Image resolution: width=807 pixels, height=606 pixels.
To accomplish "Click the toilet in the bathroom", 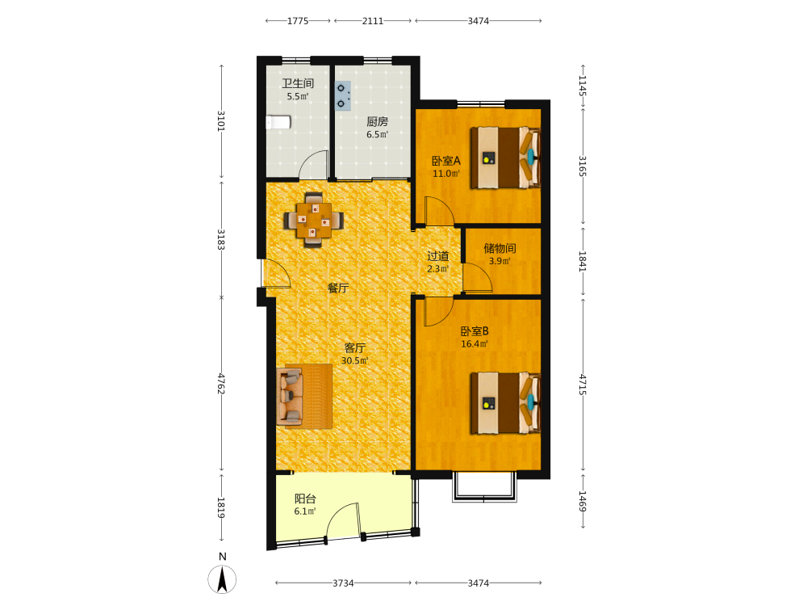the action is pyautogui.click(x=278, y=122).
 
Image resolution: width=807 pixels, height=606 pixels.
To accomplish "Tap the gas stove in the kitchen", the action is pyautogui.click(x=343, y=96).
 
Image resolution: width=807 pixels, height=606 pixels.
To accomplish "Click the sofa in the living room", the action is pyautogui.click(x=303, y=396).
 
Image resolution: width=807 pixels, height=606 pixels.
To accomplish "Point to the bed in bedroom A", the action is pyautogui.click(x=506, y=158).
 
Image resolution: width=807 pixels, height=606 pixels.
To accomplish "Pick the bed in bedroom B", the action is pyautogui.click(x=506, y=403).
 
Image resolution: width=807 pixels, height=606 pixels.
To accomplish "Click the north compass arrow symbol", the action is pyautogui.click(x=223, y=579).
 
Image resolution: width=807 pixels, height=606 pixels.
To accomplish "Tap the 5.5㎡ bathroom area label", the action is pyautogui.click(x=298, y=96).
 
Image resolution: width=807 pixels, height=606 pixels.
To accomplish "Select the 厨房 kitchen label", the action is pyautogui.click(x=377, y=122).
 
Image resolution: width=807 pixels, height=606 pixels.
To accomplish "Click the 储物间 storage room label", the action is pyautogui.click(x=500, y=248).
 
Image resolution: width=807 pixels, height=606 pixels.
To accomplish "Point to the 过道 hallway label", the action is pyautogui.click(x=438, y=256).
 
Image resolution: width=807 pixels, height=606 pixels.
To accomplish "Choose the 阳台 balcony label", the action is pyautogui.click(x=305, y=499).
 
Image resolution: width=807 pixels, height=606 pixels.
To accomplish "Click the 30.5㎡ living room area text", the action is pyautogui.click(x=355, y=360).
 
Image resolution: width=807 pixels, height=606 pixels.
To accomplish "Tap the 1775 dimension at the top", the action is pyautogui.click(x=298, y=21).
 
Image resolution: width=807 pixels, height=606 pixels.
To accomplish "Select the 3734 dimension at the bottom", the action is pyautogui.click(x=343, y=583).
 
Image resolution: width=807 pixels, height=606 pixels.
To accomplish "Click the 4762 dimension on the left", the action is pyautogui.click(x=221, y=384).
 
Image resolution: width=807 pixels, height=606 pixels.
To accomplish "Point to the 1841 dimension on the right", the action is pyautogui.click(x=583, y=261).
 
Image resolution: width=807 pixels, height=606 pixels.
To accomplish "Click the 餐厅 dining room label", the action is pyautogui.click(x=338, y=288).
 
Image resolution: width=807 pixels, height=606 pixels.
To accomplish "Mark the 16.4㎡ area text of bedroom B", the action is pyautogui.click(x=475, y=344).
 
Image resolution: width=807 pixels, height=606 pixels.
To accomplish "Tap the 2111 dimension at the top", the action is pyautogui.click(x=373, y=21).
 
